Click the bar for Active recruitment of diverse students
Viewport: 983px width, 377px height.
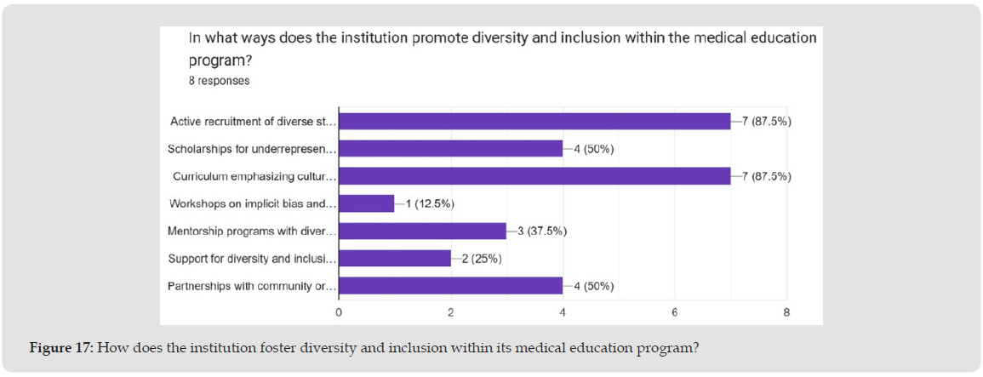(x=534, y=122)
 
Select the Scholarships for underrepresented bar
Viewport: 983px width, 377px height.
(x=451, y=149)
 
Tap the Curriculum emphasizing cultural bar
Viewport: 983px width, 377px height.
(x=534, y=176)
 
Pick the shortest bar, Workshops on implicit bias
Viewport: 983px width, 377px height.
(x=367, y=204)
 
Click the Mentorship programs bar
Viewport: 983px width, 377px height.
(x=423, y=231)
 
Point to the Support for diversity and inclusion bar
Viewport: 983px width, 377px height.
(x=395, y=259)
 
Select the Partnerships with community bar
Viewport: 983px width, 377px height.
(x=451, y=286)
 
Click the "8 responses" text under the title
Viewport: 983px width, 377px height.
(x=219, y=82)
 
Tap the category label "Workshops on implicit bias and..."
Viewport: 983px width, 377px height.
(x=253, y=204)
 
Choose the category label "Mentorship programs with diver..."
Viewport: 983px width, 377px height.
(x=252, y=231)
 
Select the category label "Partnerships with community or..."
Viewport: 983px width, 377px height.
(x=252, y=286)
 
